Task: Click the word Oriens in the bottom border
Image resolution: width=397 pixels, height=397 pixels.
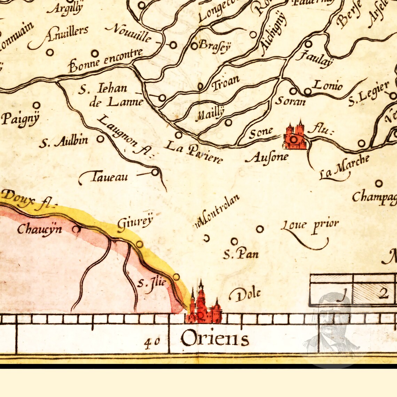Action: [x=215, y=338]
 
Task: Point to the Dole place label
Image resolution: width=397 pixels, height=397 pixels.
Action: [x=246, y=295]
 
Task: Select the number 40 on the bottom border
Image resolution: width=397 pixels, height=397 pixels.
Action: [x=152, y=342]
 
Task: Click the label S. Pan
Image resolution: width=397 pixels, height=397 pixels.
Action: [x=241, y=254]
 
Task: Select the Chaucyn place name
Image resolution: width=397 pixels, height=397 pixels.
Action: [x=40, y=228]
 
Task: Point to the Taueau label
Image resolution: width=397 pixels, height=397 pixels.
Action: [x=109, y=178]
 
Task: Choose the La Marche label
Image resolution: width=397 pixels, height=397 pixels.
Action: [x=344, y=166]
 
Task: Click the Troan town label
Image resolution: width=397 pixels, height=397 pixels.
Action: [x=226, y=83]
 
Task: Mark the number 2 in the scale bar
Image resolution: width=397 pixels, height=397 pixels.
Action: [x=383, y=294]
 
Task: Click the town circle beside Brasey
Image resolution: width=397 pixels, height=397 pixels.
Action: [x=194, y=46]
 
